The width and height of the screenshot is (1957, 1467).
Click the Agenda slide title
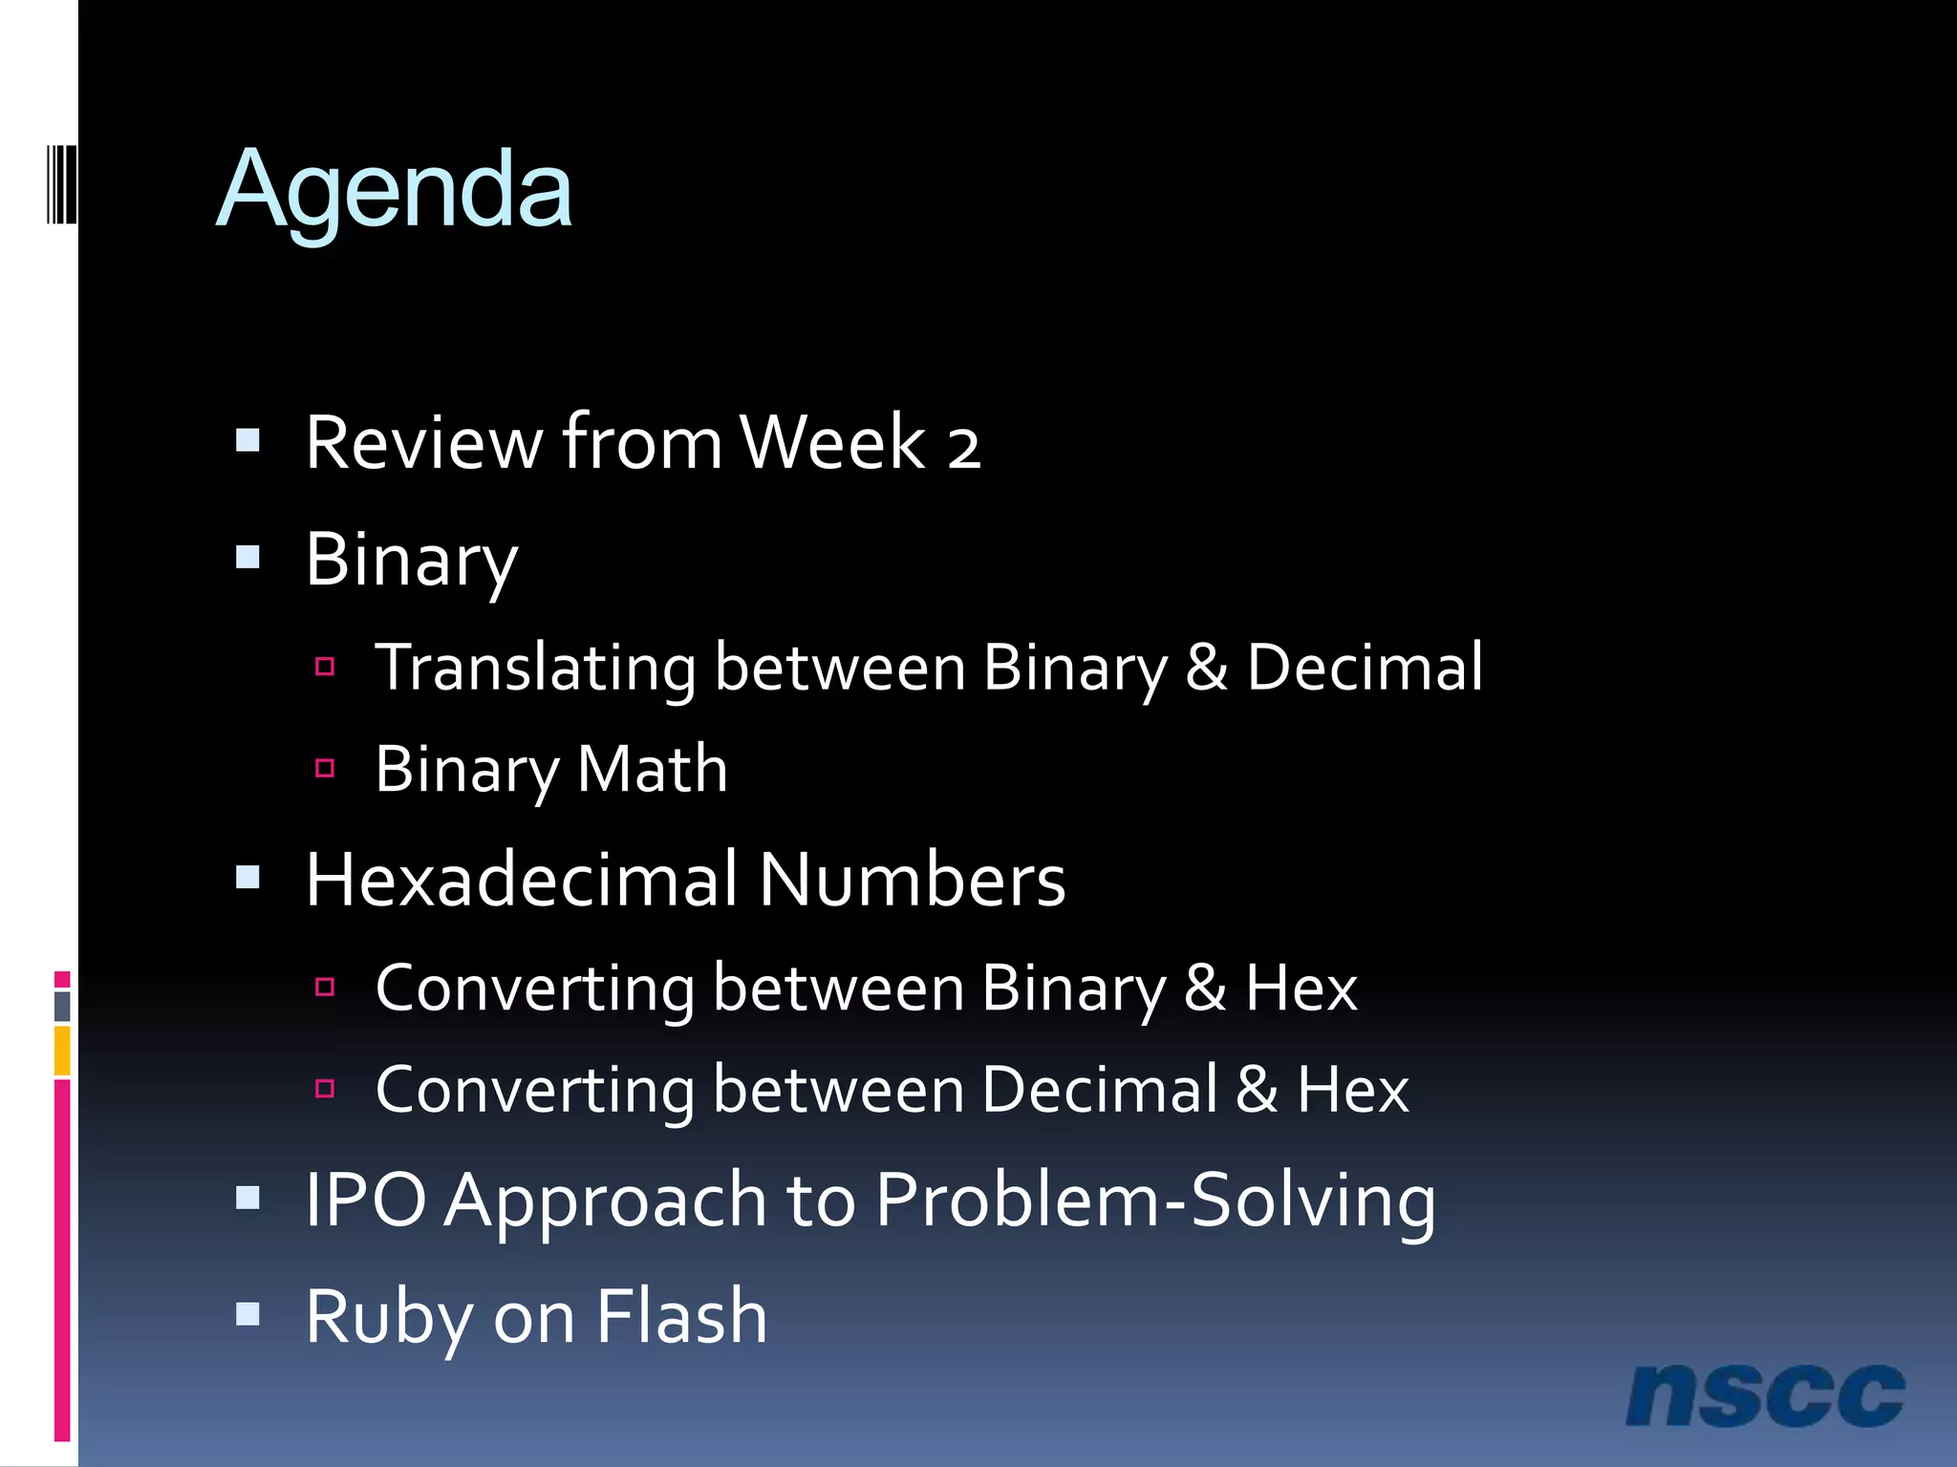pyautogui.click(x=394, y=191)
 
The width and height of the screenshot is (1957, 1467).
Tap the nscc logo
pyautogui.click(x=1765, y=1395)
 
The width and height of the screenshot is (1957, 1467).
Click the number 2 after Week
pyautogui.click(x=963, y=446)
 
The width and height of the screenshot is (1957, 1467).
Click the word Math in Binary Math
pyautogui.click(x=652, y=769)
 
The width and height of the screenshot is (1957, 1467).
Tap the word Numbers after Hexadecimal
pyautogui.click(x=913, y=880)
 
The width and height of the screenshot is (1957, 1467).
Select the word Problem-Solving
pyautogui.click(x=1155, y=1201)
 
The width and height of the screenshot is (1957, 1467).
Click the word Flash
pyautogui.click(x=681, y=1316)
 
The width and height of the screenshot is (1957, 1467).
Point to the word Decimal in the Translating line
pyautogui.click(x=1365, y=668)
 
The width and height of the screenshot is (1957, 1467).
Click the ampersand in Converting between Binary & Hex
pyautogui.click(x=1205, y=989)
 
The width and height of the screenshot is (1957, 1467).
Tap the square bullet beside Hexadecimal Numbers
pyautogui.click(x=248, y=878)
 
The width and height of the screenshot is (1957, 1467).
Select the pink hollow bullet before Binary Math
pyautogui.click(x=325, y=768)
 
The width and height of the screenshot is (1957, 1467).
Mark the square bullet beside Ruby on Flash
pyautogui.click(x=248, y=1315)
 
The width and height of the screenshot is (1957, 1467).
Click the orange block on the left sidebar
pyautogui.click(x=62, y=1051)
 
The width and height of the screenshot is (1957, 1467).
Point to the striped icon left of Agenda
pyautogui.click(x=61, y=184)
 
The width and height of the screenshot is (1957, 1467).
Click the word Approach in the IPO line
pyautogui.click(x=605, y=1201)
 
